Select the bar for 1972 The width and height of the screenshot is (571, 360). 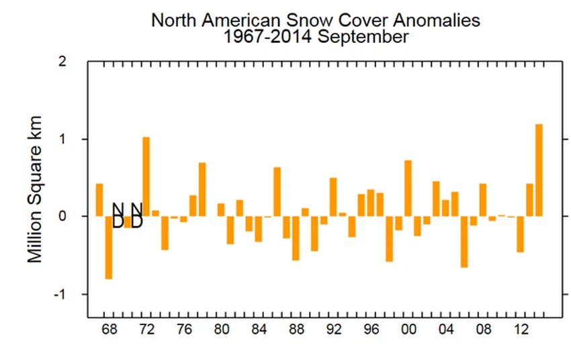(146, 177)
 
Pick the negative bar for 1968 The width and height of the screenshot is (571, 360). (109, 247)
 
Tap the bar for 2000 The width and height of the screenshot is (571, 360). (408, 188)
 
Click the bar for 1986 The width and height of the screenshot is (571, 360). (277, 191)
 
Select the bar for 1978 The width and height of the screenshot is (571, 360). (202, 189)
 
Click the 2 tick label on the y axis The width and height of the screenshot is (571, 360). (63, 62)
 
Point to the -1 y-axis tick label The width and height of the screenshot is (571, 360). (60, 294)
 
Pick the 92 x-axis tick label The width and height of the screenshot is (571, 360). (333, 330)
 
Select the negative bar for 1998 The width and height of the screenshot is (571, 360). (389, 239)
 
